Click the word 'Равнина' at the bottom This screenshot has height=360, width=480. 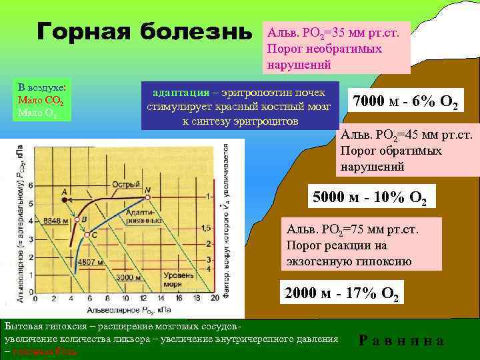pos(401,340)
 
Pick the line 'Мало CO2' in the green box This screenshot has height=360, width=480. pos(41,100)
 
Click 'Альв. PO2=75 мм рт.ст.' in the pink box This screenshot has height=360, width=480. pos(352,230)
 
